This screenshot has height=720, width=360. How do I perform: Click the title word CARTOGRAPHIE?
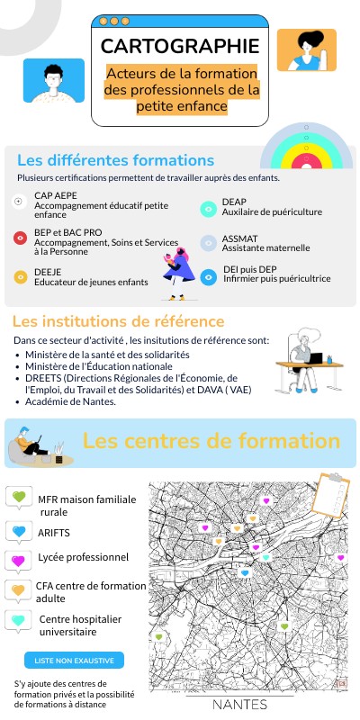click(x=180, y=47)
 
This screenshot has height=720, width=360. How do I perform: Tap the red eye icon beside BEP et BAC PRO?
click(x=20, y=238)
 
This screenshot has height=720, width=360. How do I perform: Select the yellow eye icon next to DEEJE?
click(x=20, y=276)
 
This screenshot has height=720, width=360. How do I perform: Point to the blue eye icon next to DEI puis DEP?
click(x=207, y=276)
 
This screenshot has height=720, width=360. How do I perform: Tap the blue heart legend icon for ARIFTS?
click(x=18, y=530)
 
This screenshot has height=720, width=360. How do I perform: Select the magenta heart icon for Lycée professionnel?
click(x=18, y=560)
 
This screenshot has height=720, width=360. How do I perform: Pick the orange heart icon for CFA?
click(x=18, y=590)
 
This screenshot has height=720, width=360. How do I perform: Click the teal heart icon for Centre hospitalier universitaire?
click(x=18, y=621)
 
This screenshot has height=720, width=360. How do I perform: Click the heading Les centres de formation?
click(x=211, y=441)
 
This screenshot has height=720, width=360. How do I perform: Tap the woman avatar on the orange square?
click(x=306, y=49)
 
